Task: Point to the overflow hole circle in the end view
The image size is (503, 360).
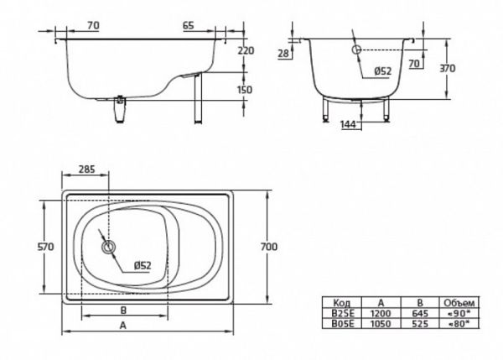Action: [356, 51]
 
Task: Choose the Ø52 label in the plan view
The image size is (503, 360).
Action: [142, 266]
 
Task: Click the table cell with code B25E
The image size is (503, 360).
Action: [342, 311]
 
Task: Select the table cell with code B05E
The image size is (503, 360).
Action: [342, 321]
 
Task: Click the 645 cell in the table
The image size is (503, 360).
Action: [420, 311]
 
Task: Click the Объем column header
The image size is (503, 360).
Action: [460, 302]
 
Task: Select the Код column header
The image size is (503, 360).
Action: [342, 302]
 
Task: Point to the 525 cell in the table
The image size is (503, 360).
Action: [420, 321]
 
